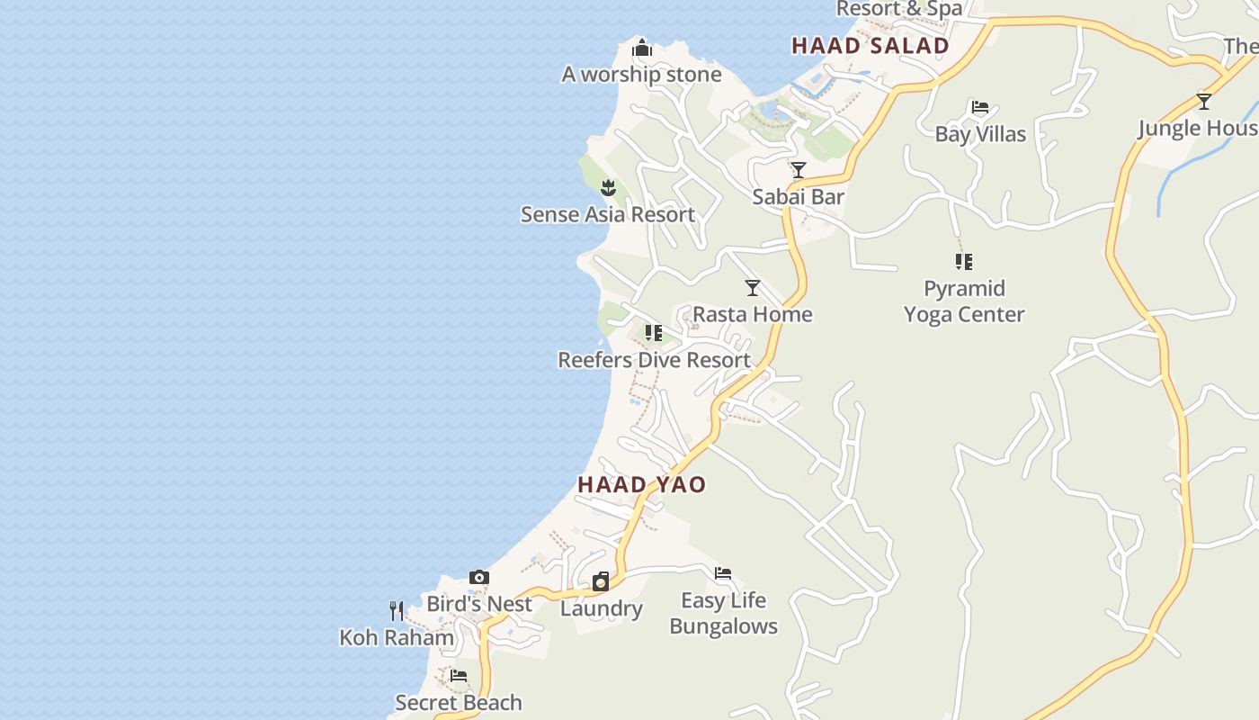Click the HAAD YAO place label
click(x=641, y=484)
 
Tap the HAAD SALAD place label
click(x=870, y=46)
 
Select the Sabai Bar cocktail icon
click(x=798, y=170)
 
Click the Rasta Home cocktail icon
click(x=753, y=288)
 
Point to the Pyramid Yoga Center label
click(x=964, y=301)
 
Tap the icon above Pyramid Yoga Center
click(x=964, y=262)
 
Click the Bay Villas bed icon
click(x=980, y=108)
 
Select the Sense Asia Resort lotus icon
click(x=608, y=188)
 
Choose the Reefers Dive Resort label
click(x=654, y=360)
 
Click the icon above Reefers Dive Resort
click(x=654, y=333)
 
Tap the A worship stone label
click(x=641, y=74)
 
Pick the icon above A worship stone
click(x=641, y=48)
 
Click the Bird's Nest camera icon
click(x=479, y=578)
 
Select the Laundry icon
click(x=601, y=582)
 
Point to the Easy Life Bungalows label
click(x=723, y=613)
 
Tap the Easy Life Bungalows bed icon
click(x=723, y=573)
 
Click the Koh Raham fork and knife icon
click(x=397, y=611)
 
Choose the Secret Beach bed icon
click(x=459, y=676)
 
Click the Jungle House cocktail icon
click(x=1204, y=101)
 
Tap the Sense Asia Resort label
click(x=608, y=214)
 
